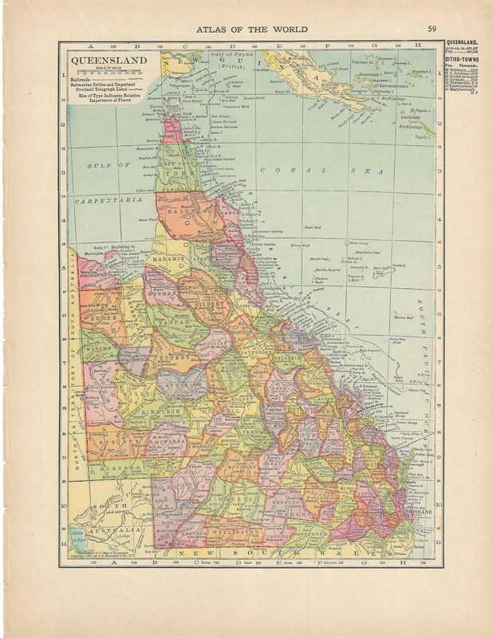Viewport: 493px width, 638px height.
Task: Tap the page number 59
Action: (432, 30)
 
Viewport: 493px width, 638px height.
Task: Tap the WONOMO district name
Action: (99, 349)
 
